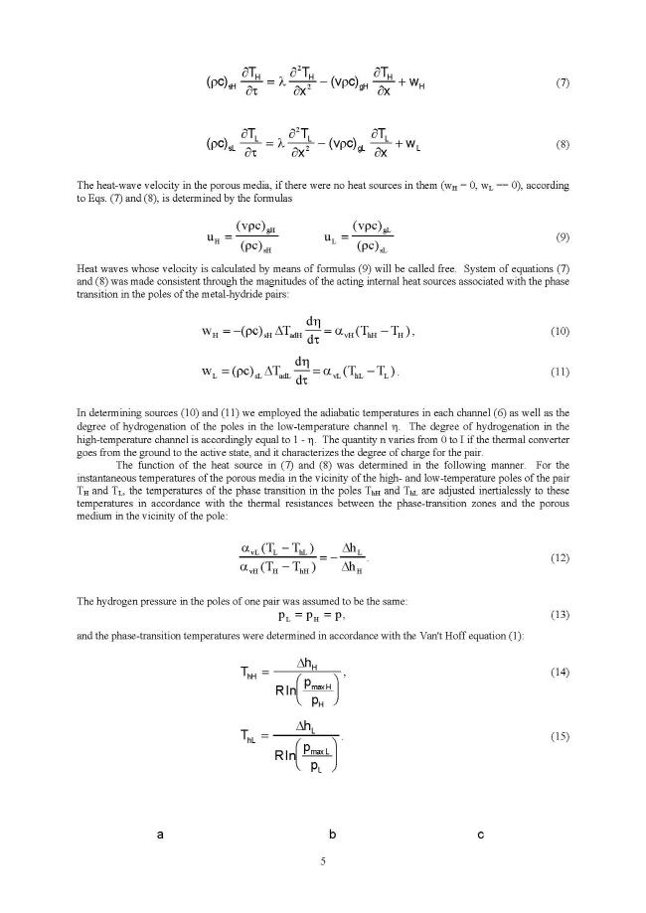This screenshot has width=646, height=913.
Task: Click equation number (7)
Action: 562,81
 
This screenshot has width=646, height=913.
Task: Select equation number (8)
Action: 562,145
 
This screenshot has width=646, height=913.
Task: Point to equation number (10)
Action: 562,331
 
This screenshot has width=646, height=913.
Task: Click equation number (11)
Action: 562,372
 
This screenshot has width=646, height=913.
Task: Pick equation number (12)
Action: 562,559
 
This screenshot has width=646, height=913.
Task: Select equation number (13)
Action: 562,615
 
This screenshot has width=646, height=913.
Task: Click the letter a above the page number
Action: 160,835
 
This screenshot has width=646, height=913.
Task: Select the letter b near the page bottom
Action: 333,835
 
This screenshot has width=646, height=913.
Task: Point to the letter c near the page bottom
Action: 480,835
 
